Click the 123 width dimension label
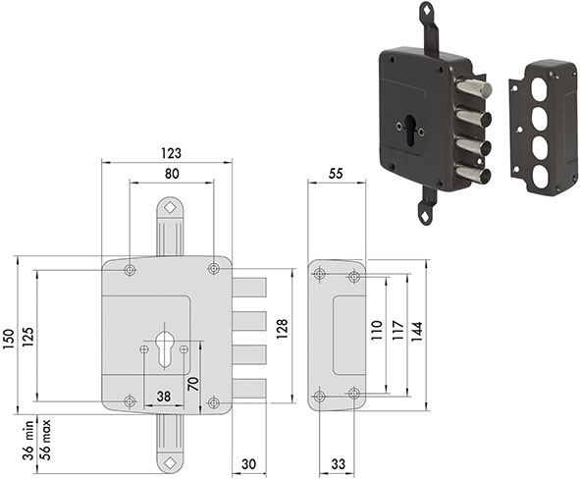[172, 153]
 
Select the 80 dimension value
[172, 174]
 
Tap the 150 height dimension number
[9, 339]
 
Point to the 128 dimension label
[282, 328]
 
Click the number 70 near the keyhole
[193, 384]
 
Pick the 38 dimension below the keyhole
[164, 397]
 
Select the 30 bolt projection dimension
[248, 464]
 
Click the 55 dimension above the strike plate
[336, 174]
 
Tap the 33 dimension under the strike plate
[338, 464]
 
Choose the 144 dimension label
[416, 332]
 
